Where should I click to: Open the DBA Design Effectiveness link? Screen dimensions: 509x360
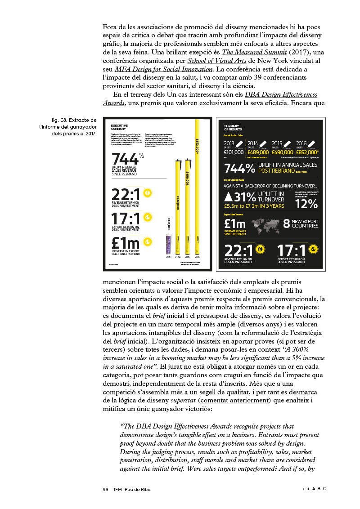pos(281,94)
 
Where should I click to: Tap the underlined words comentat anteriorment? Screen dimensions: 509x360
pos(235,400)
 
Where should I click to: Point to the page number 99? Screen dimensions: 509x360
pos(106,489)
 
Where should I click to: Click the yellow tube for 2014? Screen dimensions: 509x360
pos(178,207)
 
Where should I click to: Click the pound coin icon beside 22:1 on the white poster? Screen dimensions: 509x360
pos(147,193)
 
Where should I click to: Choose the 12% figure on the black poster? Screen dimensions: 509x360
pos(306,203)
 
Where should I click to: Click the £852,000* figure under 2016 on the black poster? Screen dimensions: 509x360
pos(307,152)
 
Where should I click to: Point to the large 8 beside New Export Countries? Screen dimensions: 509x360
pos(286,223)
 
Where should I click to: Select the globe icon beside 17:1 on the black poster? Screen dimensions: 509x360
pos(314,249)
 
